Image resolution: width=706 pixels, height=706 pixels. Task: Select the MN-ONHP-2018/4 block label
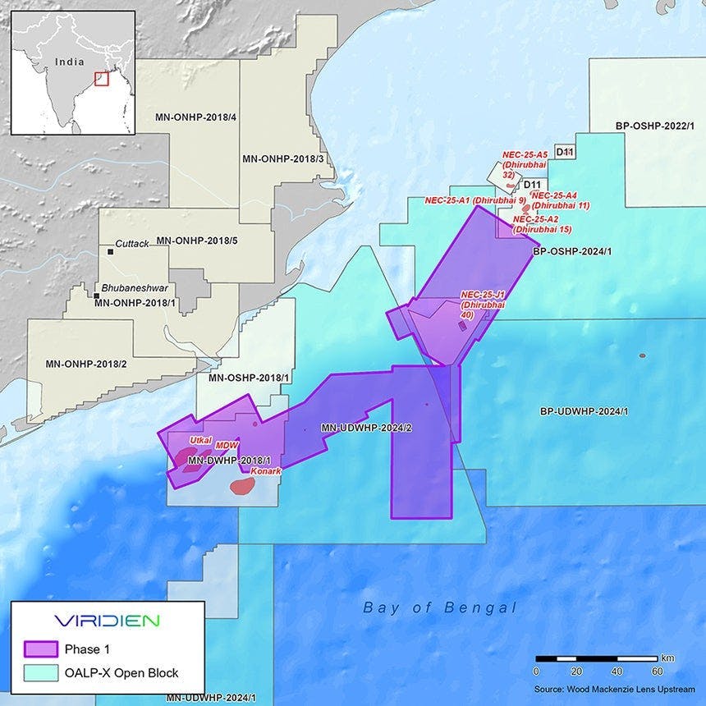[195, 117]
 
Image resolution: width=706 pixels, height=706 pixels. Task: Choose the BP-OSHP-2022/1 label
[654, 126]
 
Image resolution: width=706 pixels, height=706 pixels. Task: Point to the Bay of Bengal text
[440, 607]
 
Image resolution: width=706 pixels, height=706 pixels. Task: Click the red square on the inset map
[101, 79]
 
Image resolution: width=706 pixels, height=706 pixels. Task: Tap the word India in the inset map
[70, 61]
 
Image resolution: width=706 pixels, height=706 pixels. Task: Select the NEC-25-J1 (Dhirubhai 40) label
[483, 305]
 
